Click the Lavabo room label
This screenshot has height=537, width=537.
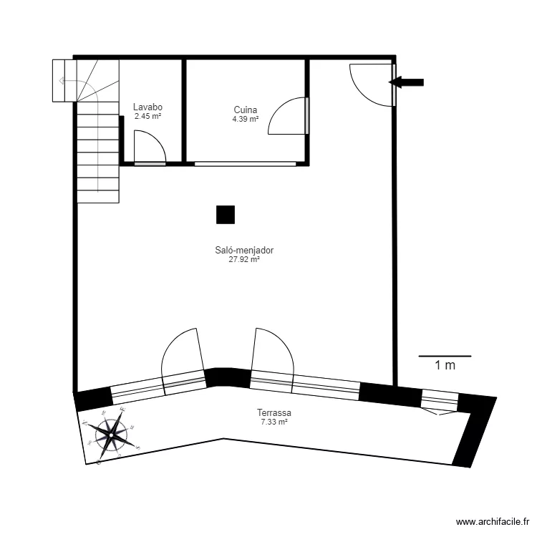(x=147, y=107)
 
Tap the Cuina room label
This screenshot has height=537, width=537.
(x=246, y=110)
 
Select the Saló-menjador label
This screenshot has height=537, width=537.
(x=244, y=251)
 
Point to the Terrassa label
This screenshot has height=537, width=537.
(x=274, y=413)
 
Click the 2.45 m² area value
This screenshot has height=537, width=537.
(x=147, y=116)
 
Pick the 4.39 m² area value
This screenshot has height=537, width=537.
(x=246, y=119)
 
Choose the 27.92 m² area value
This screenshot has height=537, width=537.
(x=244, y=260)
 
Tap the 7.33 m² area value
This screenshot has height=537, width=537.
(x=274, y=422)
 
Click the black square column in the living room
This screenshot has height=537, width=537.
(x=226, y=214)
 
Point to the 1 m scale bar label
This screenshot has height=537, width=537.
(x=445, y=366)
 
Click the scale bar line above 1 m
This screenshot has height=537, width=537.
(x=445, y=356)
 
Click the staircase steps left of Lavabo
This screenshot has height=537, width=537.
(x=97, y=150)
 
